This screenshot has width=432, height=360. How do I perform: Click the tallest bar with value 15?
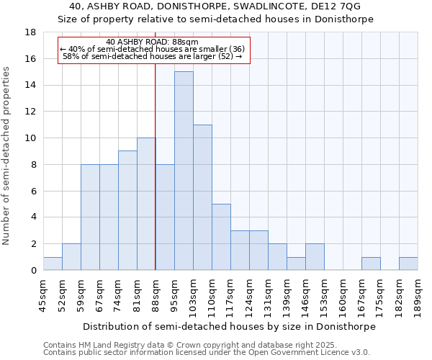184,171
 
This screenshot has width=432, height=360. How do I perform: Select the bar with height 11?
202,197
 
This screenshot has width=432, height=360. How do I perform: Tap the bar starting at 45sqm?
53,264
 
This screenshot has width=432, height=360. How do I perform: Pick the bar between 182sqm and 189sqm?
408,264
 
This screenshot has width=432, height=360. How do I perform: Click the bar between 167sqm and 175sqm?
371,264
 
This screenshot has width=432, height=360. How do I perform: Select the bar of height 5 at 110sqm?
221,237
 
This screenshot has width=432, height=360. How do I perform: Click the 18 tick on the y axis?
31,32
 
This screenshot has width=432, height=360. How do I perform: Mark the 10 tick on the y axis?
31,138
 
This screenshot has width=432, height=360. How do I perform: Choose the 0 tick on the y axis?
34,270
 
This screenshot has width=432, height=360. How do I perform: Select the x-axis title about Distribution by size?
229,326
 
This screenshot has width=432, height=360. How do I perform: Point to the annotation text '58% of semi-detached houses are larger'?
148,55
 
